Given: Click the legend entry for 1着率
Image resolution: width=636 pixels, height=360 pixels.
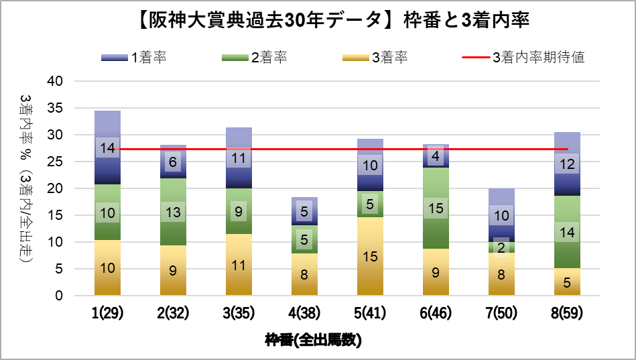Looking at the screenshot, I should (x=134, y=58).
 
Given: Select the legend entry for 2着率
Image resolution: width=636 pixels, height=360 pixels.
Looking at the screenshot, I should (x=255, y=58).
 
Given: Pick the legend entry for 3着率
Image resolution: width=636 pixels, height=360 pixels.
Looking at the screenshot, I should (x=375, y=58).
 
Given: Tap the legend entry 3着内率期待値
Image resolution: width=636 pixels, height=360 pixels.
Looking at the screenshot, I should (x=523, y=58).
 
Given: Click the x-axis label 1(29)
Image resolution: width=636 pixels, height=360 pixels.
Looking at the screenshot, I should (x=107, y=314).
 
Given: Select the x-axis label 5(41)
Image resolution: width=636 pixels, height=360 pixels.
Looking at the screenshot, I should (x=370, y=314).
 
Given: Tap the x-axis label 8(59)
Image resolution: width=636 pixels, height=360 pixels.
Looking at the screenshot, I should (x=567, y=314).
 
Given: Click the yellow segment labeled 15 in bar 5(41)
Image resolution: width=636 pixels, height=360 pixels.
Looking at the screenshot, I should (x=370, y=256).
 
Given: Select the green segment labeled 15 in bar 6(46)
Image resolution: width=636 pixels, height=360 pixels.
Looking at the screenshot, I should (x=436, y=208).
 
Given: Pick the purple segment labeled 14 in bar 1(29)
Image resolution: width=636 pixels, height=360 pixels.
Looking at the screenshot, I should (x=107, y=147).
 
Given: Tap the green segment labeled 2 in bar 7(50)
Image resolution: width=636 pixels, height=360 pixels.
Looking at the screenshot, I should (x=501, y=247).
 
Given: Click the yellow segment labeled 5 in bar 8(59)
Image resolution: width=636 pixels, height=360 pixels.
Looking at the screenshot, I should (x=567, y=282).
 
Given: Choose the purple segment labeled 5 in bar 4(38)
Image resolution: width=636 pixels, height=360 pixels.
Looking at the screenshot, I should (x=304, y=211).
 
